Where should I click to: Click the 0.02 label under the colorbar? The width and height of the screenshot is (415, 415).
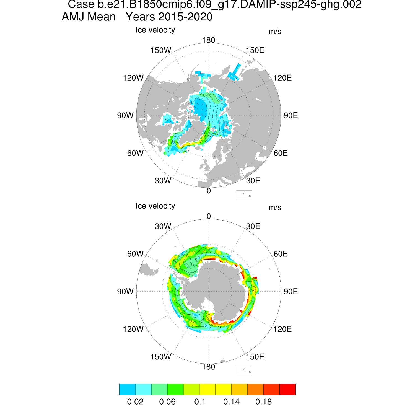[135, 402]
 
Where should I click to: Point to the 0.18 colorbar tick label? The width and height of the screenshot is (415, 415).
[264, 402]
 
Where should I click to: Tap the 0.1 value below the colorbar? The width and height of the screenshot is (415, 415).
[200, 402]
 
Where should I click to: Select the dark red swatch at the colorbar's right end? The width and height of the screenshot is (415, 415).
[288, 389]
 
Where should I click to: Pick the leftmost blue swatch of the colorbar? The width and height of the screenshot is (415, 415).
[127, 389]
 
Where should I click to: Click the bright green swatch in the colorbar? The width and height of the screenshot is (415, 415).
[175, 389]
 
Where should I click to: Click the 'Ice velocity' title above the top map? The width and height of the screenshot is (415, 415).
[155, 30]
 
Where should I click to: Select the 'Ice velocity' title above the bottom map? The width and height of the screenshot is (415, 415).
[155, 206]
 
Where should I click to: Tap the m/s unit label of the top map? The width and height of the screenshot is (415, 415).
[275, 32]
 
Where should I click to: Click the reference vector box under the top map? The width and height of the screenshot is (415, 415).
[244, 195]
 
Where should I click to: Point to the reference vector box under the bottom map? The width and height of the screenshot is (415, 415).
[244, 371]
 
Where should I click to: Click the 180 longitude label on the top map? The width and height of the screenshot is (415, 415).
[209, 40]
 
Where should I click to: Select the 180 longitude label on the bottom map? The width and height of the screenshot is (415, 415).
[209, 367]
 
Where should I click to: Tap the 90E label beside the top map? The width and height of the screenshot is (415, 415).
[291, 115]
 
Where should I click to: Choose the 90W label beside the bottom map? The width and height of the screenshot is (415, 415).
[125, 291]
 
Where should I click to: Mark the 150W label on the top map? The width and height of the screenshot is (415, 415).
[161, 50]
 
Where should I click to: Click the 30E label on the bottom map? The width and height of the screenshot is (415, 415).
[253, 226]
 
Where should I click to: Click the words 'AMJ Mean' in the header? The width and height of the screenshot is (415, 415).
[89, 17]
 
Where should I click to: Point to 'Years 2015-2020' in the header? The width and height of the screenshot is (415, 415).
[169, 17]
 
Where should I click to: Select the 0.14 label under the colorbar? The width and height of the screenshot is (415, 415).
[232, 402]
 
